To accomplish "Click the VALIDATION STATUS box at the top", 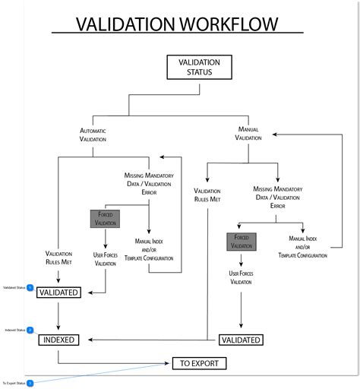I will point(199,67).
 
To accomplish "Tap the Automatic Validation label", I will point(93,134).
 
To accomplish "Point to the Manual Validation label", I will point(248,133).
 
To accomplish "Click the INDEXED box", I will point(58,340).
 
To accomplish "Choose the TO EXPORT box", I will point(199,363).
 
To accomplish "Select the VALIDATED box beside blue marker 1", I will point(58,292).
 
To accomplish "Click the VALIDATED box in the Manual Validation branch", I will point(241,340).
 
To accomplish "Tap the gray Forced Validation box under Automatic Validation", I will point(104,220).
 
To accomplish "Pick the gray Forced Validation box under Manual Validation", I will point(241,242).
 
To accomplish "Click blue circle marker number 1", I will point(30,288).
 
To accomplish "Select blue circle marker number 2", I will point(30,330).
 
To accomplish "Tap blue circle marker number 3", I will point(30,383).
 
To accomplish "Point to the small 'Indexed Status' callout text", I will point(14,330).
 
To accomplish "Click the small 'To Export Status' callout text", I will point(13,383).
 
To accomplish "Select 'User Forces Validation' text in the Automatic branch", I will point(105,259).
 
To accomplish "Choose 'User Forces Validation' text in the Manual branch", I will point(241,277).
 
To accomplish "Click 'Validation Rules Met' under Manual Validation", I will point(207,195).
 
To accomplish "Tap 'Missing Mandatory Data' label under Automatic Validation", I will point(149,179).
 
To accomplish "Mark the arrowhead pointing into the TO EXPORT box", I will point(169,363).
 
